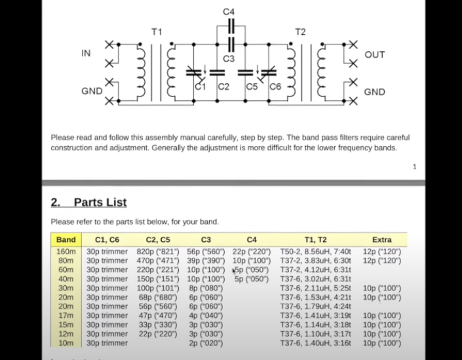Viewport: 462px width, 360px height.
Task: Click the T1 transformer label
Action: point(157,31)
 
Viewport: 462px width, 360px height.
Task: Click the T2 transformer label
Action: point(300,31)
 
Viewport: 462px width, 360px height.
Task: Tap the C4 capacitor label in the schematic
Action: point(229,12)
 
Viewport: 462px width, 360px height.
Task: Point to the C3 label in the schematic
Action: point(229,59)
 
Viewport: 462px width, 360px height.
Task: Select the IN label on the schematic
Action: point(86,53)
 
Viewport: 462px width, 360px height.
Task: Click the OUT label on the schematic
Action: point(374,54)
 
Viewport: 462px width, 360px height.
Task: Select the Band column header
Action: point(66,240)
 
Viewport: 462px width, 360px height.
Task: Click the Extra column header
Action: point(381,240)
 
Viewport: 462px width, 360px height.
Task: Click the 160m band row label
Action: point(66,251)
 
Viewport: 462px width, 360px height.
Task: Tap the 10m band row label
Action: point(66,343)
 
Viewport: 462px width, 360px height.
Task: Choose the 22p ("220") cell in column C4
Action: point(251,251)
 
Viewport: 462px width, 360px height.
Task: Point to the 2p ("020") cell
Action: point(206,343)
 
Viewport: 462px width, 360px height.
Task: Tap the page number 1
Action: point(414,167)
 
